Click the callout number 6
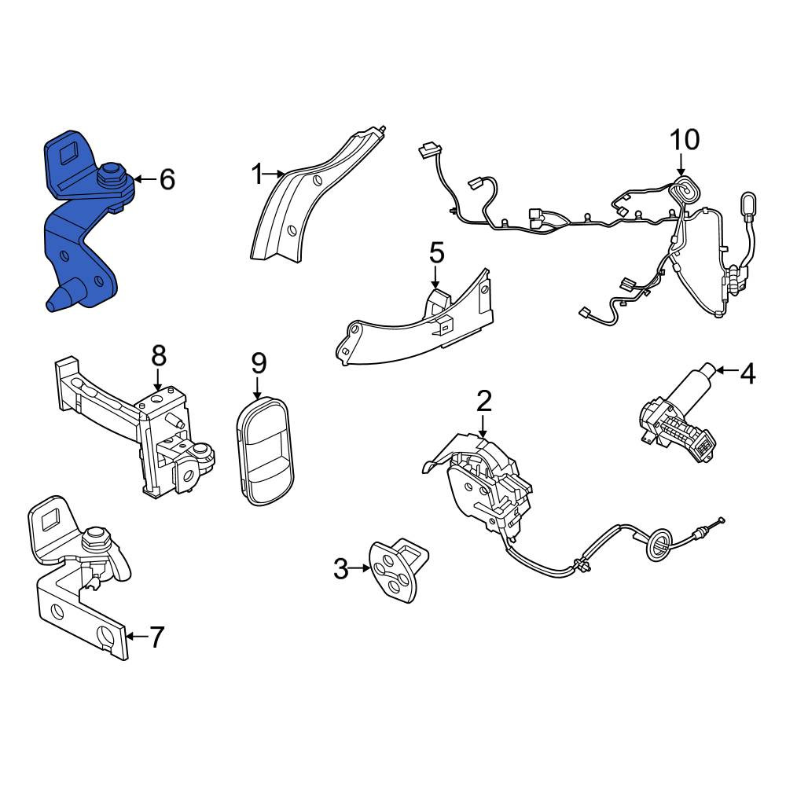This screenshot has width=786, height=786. click(x=167, y=179)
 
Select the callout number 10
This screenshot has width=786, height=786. click(x=685, y=140)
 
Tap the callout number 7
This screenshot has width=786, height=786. click(x=157, y=637)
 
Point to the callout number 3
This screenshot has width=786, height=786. click(x=341, y=569)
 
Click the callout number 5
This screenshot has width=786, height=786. click(x=436, y=253)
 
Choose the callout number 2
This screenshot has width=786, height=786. click(x=484, y=401)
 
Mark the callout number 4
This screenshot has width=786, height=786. click(x=748, y=373)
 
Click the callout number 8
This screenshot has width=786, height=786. click(x=159, y=356)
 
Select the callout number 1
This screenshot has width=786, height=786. click(x=257, y=175)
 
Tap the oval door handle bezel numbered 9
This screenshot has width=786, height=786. click(x=265, y=451)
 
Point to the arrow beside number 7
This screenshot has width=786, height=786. click(x=137, y=637)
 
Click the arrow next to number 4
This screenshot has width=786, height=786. click(x=727, y=371)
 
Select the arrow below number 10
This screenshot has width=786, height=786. click(x=681, y=165)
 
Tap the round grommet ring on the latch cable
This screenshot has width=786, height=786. click(x=659, y=547)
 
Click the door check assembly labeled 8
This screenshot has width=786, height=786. click(x=134, y=426)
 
